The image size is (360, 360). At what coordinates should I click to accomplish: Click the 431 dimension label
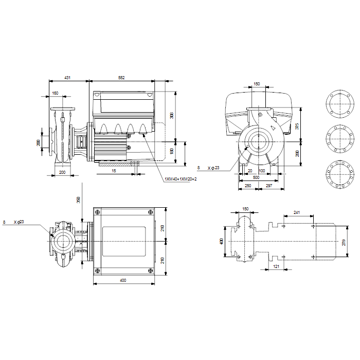pyautogui.click(x=67, y=78)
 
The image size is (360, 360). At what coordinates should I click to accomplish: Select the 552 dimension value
pyautogui.click(x=121, y=78)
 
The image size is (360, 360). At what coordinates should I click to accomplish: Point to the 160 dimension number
pyautogui.click(x=55, y=93)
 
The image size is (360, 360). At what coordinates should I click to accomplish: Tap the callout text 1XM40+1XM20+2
pyautogui.click(x=181, y=179)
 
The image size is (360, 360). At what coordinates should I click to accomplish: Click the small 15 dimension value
pyautogui.click(x=114, y=171)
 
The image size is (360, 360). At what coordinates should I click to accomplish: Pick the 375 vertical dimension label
pyautogui.click(x=297, y=126)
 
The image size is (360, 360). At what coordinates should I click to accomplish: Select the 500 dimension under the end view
pyautogui.click(x=256, y=177)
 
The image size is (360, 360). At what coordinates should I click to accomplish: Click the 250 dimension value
pyautogui.click(x=248, y=186)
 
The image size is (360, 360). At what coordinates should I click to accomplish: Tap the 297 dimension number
pyautogui.click(x=269, y=186)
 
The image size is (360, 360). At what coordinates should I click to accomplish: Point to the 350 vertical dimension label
pyautogui.click(x=78, y=200)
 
